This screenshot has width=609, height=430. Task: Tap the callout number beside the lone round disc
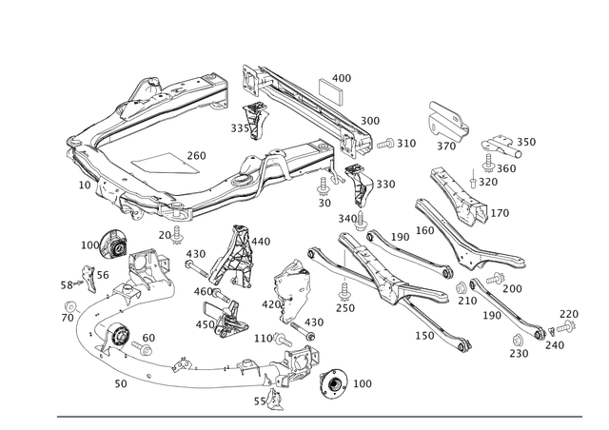pyautogui.click(x=363, y=382)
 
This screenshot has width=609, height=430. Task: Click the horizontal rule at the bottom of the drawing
pyautogui.click(x=324, y=415)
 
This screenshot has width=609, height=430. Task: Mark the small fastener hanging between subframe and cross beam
pyautogui.click(x=252, y=119)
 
